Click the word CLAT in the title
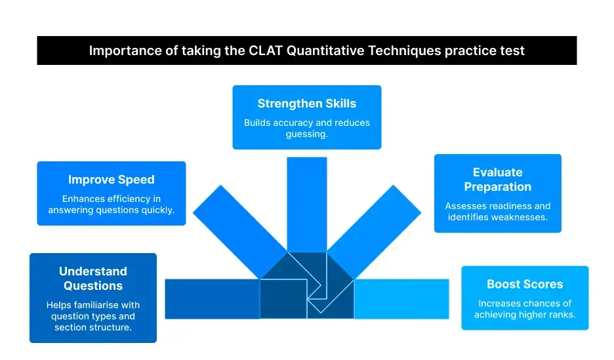(266, 50)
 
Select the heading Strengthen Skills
(306, 104)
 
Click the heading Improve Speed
(112, 180)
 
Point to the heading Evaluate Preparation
(498, 179)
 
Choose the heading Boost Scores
(525, 284)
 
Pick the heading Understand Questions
(93, 278)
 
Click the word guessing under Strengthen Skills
(306, 134)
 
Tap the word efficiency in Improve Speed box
(119, 199)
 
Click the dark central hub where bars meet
(306, 282)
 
